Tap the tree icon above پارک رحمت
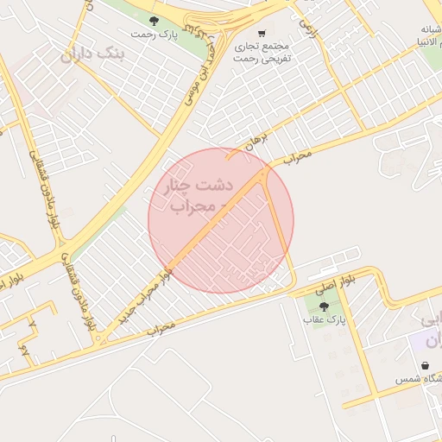pos(154,20)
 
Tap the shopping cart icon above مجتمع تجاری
pos(262,34)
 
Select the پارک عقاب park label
pos(323,320)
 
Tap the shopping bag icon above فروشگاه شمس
pos(425,365)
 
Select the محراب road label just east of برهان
pos(296,159)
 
